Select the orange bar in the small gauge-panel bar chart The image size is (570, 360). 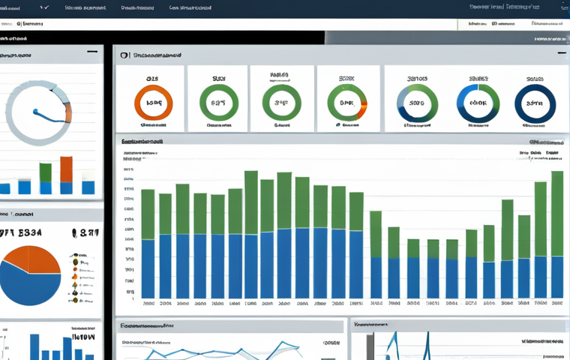[66, 169]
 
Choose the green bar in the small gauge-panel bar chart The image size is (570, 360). [45, 172]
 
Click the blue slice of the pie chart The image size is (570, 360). [26, 289]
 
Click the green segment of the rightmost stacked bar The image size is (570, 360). [557, 214]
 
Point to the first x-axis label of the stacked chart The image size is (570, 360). [148, 304]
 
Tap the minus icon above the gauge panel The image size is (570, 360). [91, 52]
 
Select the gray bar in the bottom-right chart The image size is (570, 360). [369, 346]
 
